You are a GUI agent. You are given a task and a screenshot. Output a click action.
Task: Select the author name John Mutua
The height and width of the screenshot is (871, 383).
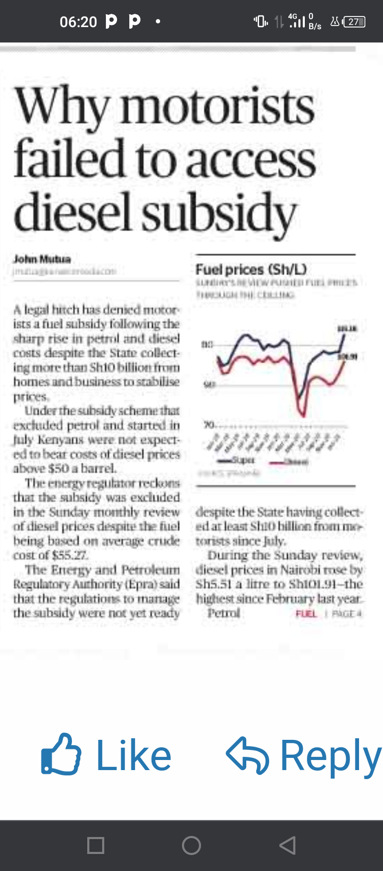tap(42, 259)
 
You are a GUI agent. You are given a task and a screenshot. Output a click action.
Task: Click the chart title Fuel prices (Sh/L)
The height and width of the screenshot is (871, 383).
tap(251, 270)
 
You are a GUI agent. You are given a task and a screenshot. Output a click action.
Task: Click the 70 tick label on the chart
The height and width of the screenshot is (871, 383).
tap(209, 424)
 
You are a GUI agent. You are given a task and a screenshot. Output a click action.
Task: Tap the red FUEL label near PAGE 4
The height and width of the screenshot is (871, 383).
tap(306, 613)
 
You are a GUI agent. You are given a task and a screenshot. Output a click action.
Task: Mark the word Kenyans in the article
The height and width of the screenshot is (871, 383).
tap(59, 440)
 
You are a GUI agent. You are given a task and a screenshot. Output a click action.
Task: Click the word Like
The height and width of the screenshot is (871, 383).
tap(134, 755)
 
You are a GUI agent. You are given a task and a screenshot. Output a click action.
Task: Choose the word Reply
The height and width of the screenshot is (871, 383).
tap(330, 756)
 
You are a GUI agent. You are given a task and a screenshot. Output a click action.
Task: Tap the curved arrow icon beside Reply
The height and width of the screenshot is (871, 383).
tap(247, 755)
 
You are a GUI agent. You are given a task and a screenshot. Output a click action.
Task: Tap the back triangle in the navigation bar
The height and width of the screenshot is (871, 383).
tap(287, 845)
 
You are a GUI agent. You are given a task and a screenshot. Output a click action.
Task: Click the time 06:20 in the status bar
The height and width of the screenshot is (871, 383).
tap(78, 22)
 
